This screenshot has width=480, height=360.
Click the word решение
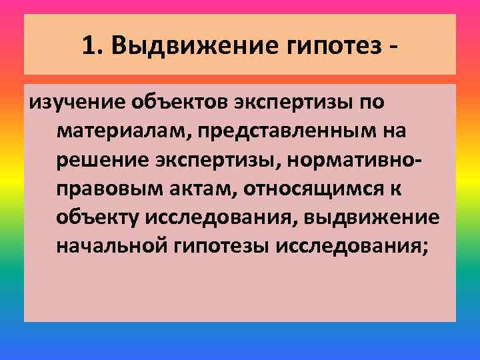[103, 161]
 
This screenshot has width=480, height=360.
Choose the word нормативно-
[355, 161]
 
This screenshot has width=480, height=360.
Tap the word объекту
[96, 218]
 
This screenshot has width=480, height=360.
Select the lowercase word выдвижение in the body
[378, 218]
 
